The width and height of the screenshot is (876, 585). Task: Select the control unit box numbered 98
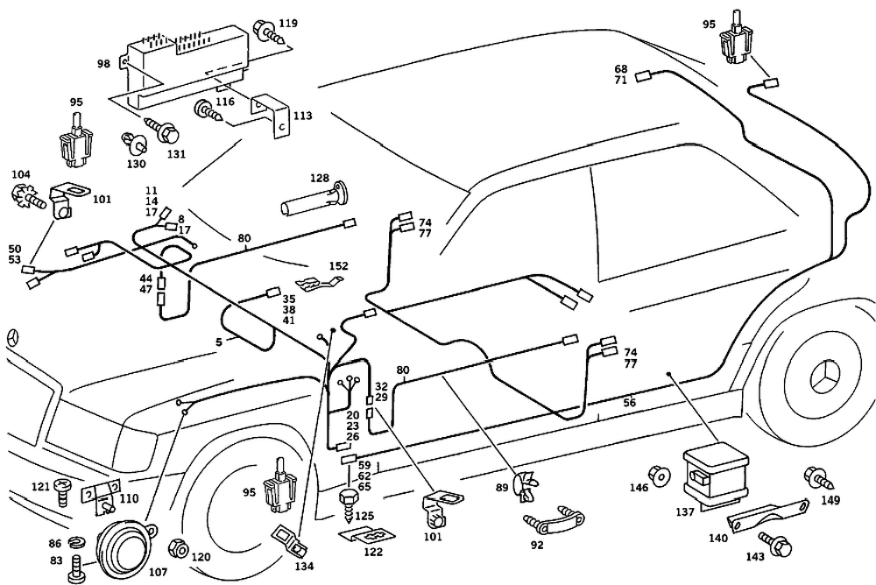click(x=180, y=67)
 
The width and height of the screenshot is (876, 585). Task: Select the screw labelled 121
click(x=62, y=487)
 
